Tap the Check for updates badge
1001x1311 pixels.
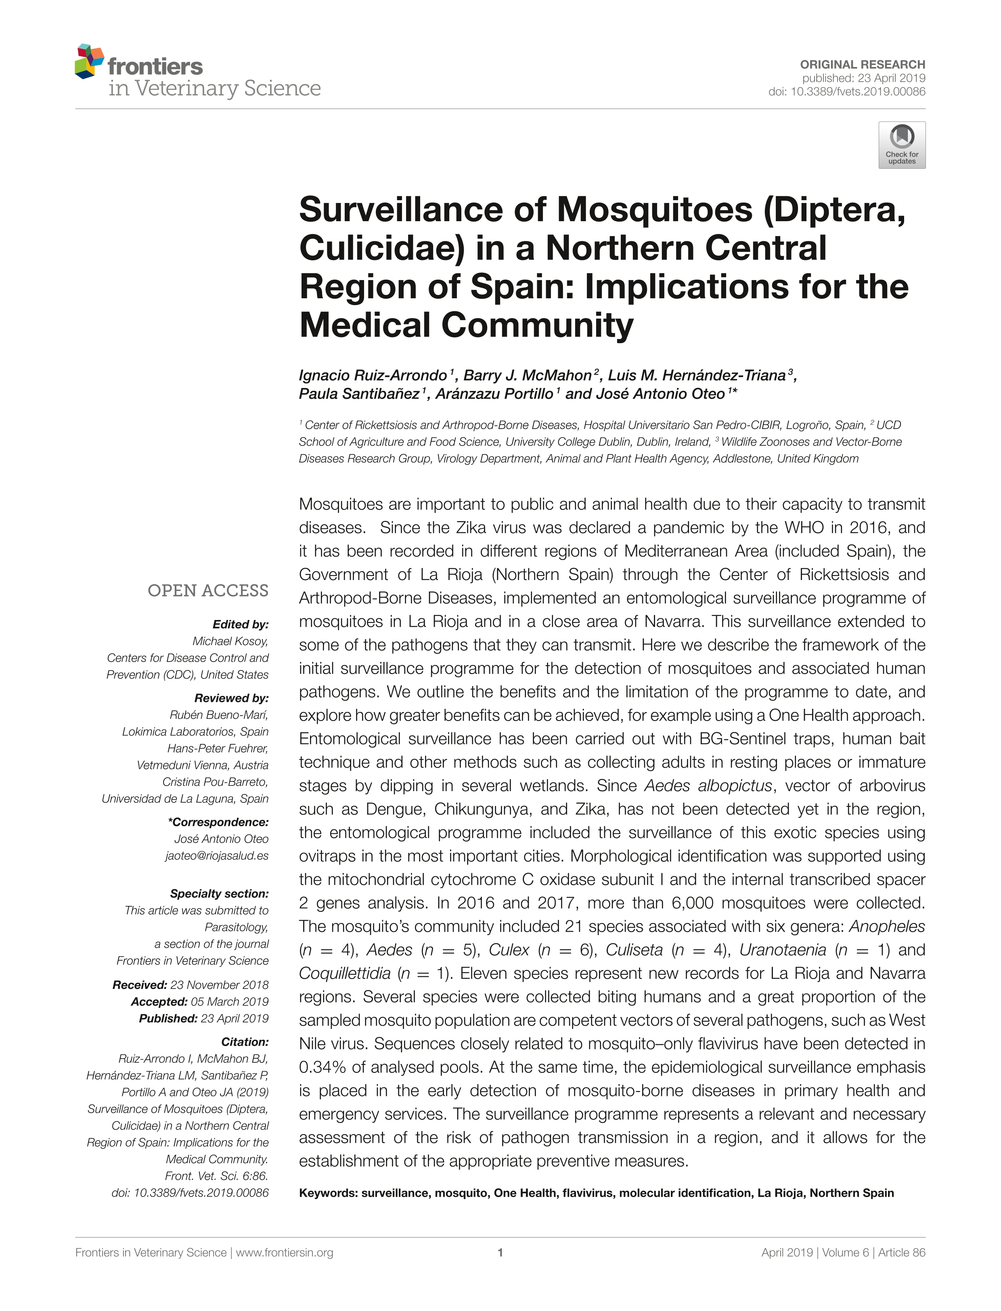(901, 145)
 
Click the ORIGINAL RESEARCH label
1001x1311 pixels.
(862, 64)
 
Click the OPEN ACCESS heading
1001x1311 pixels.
(208, 591)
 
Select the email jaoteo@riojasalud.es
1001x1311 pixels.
(217, 856)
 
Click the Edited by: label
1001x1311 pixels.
(240, 624)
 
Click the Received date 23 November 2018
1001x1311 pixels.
(219, 985)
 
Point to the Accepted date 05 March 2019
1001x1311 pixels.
(229, 1002)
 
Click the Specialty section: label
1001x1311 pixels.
(219, 894)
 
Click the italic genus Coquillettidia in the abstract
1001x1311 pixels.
(345, 974)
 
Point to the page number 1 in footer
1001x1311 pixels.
(500, 1252)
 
